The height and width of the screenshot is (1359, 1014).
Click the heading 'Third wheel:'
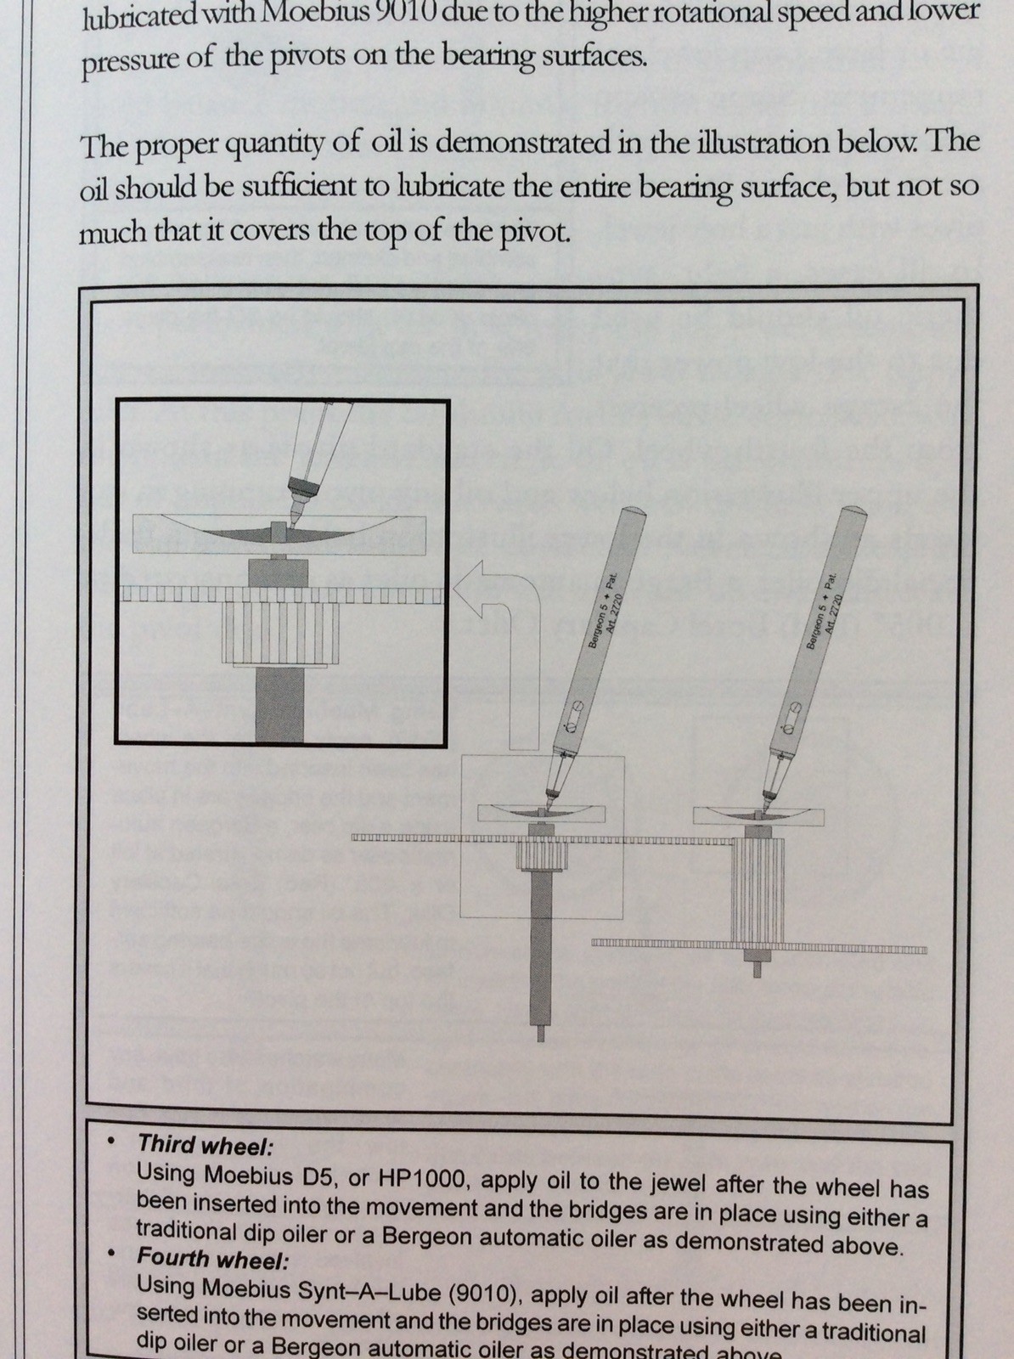(205, 1145)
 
